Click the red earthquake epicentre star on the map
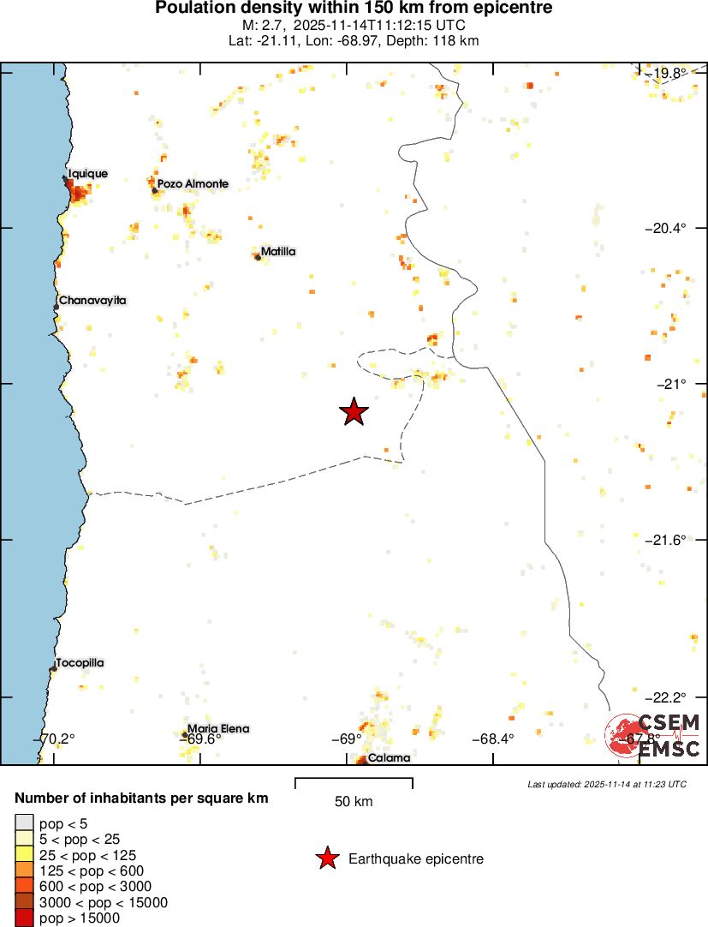[x=354, y=412]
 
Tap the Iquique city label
[x=88, y=174]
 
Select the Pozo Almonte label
[x=193, y=183]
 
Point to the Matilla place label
[x=278, y=252]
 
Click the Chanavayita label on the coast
[x=92, y=301]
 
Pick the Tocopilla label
[x=80, y=663]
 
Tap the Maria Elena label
[x=218, y=729]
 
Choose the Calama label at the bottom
[x=389, y=757]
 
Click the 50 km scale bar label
[x=354, y=802]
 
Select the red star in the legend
[x=326, y=858]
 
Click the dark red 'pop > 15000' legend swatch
[x=25, y=918]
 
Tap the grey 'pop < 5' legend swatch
[x=25, y=822]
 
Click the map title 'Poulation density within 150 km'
[x=354, y=9]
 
